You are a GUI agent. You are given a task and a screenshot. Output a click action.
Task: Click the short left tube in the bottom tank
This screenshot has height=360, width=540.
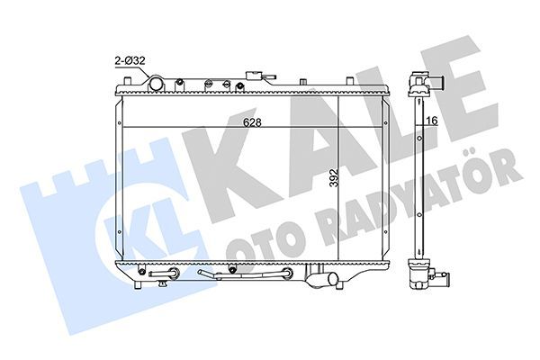pos(161,273)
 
